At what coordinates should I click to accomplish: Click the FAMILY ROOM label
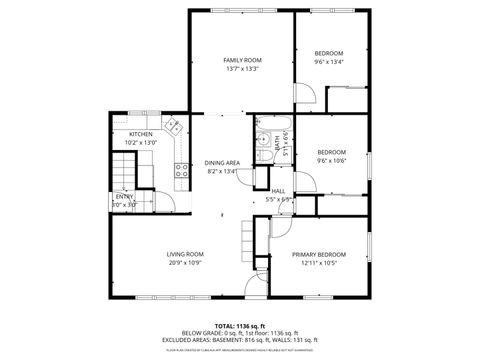click(x=242, y=61)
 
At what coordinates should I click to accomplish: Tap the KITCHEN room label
click(x=141, y=135)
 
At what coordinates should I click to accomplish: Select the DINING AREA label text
click(x=222, y=162)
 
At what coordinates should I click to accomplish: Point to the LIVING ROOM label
click(x=185, y=254)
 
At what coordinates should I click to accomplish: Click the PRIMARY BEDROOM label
click(x=319, y=254)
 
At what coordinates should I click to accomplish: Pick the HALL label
click(x=279, y=190)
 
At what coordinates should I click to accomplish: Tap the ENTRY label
click(x=124, y=196)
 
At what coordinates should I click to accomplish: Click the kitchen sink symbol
click(x=174, y=127)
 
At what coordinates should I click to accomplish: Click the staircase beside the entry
click(x=122, y=177)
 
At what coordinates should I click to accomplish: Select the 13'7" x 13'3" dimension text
click(x=242, y=70)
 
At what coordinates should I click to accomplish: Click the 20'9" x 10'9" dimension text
click(x=185, y=263)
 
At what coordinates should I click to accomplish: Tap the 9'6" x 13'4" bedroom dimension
click(x=329, y=62)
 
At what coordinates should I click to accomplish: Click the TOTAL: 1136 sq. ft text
click(x=240, y=326)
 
